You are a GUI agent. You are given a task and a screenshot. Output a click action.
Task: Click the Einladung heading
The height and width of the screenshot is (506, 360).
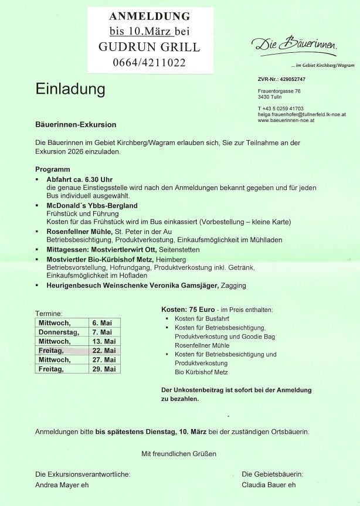[70, 90]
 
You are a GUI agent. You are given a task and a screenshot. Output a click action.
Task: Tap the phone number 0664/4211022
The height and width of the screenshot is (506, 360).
[149, 63]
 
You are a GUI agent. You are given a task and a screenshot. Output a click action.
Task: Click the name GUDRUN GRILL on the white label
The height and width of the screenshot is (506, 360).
[149, 47]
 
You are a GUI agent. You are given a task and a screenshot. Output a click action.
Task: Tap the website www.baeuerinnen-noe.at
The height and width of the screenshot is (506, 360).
[286, 120]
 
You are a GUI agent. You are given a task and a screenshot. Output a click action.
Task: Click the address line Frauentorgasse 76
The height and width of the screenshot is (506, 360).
[279, 91]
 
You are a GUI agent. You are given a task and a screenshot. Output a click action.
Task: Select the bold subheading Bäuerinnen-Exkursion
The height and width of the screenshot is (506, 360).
[76, 125]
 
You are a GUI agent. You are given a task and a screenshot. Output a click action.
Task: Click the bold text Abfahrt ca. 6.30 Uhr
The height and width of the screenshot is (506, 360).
[79, 179]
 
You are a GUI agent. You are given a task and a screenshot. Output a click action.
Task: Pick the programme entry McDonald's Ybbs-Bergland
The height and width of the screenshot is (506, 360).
[92, 206]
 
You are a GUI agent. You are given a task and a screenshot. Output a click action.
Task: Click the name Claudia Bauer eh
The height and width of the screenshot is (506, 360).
[269, 485]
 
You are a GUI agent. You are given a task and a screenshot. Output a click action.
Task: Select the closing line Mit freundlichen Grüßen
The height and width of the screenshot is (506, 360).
[179, 454]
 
